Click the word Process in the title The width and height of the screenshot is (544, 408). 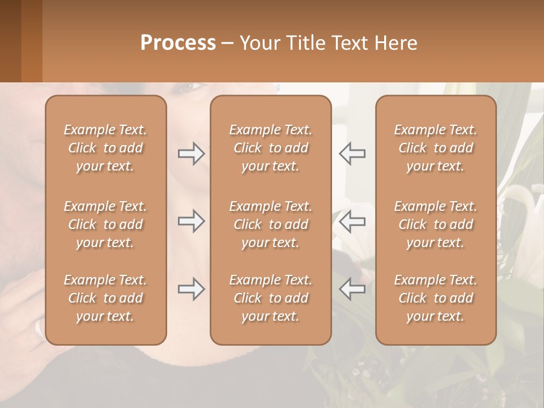pos(178,43)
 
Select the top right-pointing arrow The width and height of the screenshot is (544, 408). pos(191,153)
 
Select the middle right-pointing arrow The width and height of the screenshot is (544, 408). pos(191,221)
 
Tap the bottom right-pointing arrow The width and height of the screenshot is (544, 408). pos(191,289)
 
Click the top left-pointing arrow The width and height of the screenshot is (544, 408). pos(352,153)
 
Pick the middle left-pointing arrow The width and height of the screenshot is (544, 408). pos(352,221)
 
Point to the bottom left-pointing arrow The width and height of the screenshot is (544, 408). pos(352,289)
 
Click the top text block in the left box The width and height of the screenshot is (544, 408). pos(105,148)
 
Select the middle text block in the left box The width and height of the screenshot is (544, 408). pos(105,224)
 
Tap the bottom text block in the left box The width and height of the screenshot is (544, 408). pos(105,298)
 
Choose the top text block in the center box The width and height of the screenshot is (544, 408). pos(270,148)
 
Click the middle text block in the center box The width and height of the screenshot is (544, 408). pos(270,224)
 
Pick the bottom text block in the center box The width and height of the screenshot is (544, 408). pos(270,298)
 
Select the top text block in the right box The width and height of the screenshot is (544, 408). pos(435,148)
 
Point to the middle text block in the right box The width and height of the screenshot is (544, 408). pos(435,224)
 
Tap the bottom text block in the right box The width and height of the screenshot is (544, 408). pos(435,298)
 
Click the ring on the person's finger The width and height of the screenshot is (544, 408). pos(39,328)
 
